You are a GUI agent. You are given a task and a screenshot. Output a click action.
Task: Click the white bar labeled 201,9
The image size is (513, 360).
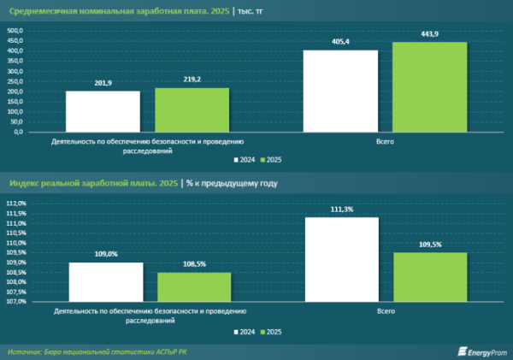click(x=103, y=112)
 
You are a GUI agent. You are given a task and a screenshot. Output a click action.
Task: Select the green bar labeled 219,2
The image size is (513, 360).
click(x=192, y=110)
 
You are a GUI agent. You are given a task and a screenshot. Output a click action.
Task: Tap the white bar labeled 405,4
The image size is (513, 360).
click(x=340, y=91)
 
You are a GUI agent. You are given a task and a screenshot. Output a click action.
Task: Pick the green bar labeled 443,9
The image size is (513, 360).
click(x=429, y=87)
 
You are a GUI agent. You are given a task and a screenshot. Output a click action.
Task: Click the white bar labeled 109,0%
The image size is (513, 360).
click(x=106, y=282)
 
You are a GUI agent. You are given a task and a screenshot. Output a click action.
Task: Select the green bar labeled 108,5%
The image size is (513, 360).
click(x=194, y=287)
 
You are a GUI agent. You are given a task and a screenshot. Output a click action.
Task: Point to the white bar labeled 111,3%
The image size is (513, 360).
click(x=342, y=260)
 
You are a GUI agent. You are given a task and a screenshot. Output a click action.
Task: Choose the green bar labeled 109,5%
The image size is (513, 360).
click(x=430, y=277)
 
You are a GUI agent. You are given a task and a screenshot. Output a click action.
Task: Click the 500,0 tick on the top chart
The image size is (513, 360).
click(x=15, y=31)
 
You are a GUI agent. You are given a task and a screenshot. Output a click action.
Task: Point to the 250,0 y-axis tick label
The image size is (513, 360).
click(x=15, y=81)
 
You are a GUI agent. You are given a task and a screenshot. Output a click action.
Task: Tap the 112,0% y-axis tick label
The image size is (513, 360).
click(x=16, y=204)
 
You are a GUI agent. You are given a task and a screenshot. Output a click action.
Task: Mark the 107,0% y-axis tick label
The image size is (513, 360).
click(x=16, y=301)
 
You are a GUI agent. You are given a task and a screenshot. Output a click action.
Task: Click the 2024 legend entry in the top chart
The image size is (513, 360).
click(x=245, y=160)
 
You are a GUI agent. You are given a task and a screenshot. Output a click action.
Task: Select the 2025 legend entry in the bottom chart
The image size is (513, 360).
click(x=271, y=332)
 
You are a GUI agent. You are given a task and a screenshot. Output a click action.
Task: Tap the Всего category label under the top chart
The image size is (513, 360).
click(x=385, y=142)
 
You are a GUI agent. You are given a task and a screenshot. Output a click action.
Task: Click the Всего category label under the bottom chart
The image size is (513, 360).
click(x=386, y=311)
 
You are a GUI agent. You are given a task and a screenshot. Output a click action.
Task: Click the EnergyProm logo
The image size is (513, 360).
click(x=482, y=351)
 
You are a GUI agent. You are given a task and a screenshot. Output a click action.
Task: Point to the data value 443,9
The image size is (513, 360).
click(x=429, y=34)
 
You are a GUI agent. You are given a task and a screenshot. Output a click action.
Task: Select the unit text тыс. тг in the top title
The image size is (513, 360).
click(x=251, y=11)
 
